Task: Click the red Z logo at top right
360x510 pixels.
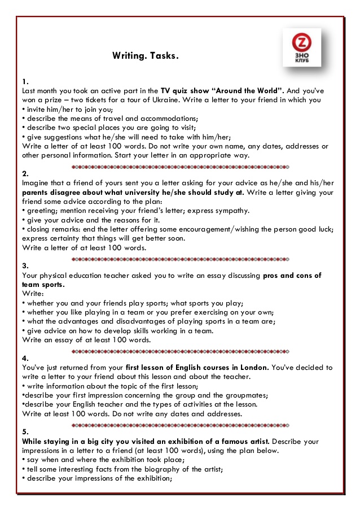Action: (x=301, y=43)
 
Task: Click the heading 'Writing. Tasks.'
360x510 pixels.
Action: (x=145, y=56)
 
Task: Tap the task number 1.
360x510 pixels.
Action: (x=23, y=81)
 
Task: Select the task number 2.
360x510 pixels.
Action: (x=24, y=173)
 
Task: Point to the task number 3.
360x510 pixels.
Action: (x=24, y=266)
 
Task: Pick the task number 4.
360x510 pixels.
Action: (x=24, y=358)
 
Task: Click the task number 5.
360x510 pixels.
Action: (x=24, y=432)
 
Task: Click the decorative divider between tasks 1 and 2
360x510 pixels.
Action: (x=180, y=167)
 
